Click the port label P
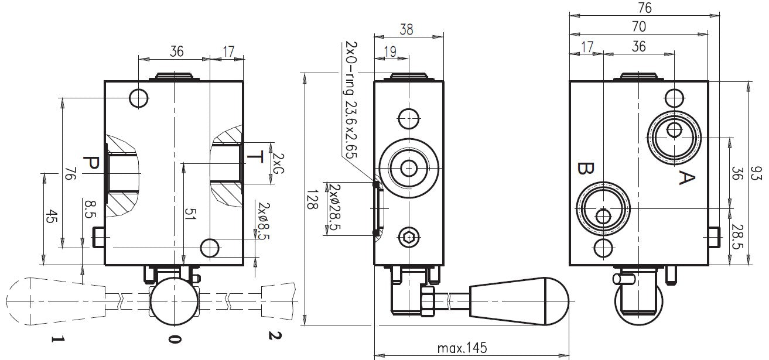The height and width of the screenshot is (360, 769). pos(91,164)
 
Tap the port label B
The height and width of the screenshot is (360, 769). pos(583,169)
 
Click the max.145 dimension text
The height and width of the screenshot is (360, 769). pos(462,348)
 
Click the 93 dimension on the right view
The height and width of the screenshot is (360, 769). pos(757,174)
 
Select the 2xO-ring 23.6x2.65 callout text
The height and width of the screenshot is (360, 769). pos(351,100)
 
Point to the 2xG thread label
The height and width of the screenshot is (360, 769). pos(279,165)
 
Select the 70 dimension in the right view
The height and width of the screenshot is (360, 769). pos(638,26)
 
